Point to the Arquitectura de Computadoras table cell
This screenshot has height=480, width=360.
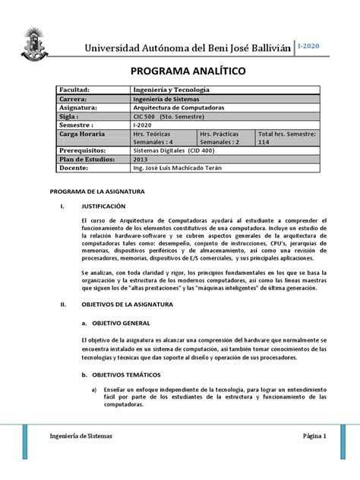tap(172, 108)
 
